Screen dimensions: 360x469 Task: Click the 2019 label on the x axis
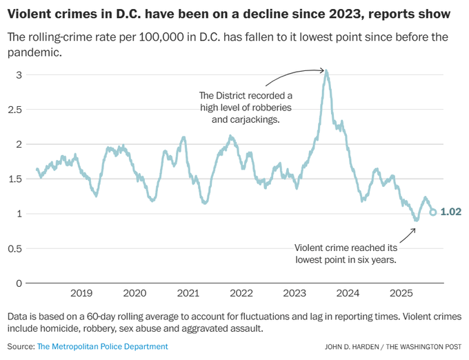click(x=81, y=293)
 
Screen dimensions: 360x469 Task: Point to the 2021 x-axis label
click(x=188, y=293)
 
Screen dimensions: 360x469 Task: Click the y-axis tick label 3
click(x=19, y=74)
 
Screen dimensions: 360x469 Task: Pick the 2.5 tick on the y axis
click(x=16, y=110)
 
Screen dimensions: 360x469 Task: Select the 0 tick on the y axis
click(x=19, y=283)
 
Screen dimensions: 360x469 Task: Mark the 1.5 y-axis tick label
click(x=16, y=179)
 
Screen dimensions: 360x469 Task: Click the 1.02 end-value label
click(x=450, y=212)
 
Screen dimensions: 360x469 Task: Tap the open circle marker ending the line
click(x=433, y=212)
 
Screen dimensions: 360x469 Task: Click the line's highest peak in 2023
click(x=326, y=70)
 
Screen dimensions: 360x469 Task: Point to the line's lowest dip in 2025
click(x=416, y=220)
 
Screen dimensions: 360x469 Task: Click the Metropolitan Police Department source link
click(x=102, y=346)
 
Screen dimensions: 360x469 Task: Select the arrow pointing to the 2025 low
click(x=407, y=234)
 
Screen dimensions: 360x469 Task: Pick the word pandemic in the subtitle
click(x=32, y=52)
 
